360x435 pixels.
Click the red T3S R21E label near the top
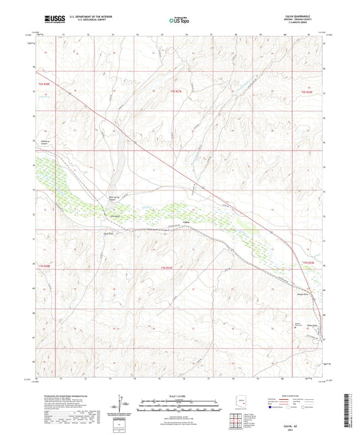(x=176, y=91)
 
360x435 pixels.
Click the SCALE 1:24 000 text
(x=179, y=395)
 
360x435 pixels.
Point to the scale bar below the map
(x=179, y=406)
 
